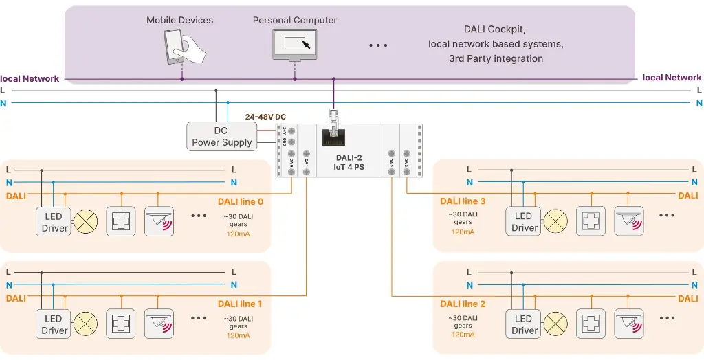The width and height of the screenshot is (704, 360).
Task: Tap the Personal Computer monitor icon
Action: point(296,46)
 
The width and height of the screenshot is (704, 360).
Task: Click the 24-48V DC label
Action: point(265,117)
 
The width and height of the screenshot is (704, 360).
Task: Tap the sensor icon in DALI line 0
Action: point(159,221)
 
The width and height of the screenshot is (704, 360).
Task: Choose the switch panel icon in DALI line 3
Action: point(591,221)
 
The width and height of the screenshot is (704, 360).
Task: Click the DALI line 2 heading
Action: point(463,304)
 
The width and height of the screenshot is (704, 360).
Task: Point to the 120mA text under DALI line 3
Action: point(463,232)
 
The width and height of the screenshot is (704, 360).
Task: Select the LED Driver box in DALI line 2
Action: point(524,324)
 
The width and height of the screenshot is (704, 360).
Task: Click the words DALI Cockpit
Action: point(495,29)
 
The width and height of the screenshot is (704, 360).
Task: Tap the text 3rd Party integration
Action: point(495,58)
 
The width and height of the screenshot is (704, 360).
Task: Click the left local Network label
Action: point(30,78)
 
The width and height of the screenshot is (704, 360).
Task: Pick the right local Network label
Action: point(672,78)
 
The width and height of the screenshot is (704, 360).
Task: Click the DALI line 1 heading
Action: point(240,304)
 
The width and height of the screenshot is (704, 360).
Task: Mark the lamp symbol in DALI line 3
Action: point(555,221)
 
